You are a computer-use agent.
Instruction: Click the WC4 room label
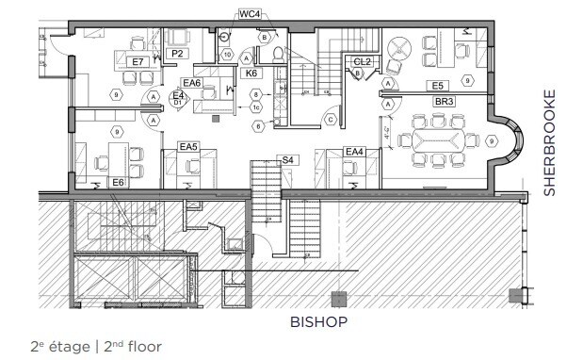coord(250,14)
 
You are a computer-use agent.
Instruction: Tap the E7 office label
coord(138,61)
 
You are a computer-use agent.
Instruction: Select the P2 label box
coord(176,55)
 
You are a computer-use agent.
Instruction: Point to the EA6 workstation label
coord(192,84)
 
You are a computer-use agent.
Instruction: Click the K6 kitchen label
coord(251,73)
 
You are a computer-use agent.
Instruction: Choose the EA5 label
coord(188,147)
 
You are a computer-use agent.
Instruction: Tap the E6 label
coord(119,182)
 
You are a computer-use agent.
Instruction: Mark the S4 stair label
coord(287,160)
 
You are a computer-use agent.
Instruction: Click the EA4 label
coord(354,152)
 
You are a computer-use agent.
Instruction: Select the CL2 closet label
coord(362,62)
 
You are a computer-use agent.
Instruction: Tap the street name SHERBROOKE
coord(550,142)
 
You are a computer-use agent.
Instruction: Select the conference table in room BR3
coord(440,141)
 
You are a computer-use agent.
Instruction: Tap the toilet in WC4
coord(278,56)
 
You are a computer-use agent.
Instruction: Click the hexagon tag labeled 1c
coord(255,107)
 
